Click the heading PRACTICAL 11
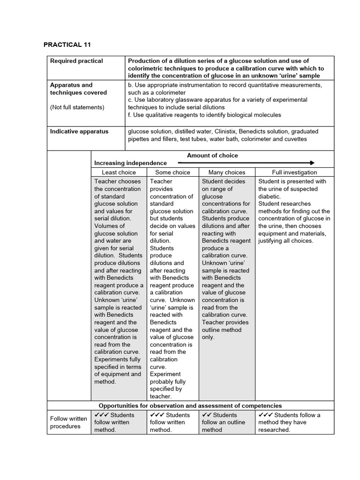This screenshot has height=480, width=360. [x=67, y=45]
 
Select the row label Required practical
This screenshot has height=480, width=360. [x=76, y=61]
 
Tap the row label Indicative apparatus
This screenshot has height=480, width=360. [x=79, y=132]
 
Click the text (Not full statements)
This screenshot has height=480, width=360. [x=77, y=107]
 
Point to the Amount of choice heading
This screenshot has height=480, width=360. [x=212, y=156]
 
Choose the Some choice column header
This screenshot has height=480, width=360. [x=172, y=172]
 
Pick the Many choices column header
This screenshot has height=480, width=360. [x=227, y=172]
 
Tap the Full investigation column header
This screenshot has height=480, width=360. [x=294, y=172]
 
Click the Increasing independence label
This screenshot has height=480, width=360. [x=130, y=163]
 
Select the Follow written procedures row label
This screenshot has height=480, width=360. [x=68, y=422]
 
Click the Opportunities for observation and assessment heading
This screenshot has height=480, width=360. [x=190, y=405]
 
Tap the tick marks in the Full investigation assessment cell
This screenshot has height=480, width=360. [x=265, y=415]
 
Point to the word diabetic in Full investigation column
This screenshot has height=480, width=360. [x=269, y=196]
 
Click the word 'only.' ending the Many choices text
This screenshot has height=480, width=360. [x=208, y=337]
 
